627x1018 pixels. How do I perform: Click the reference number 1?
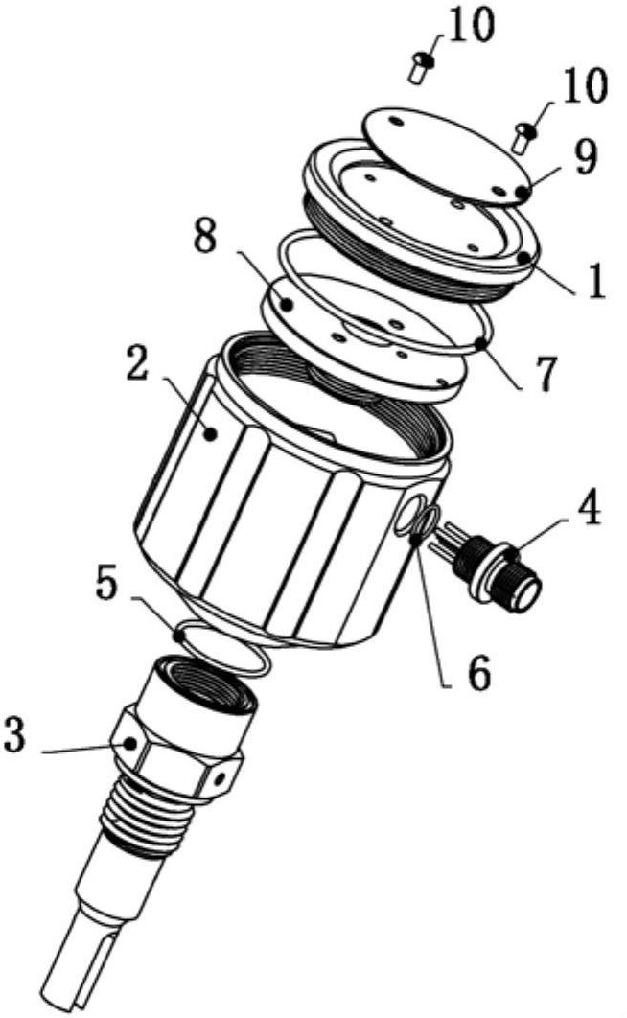click(x=591, y=279)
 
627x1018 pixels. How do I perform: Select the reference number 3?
click(x=14, y=734)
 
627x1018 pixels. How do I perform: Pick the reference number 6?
click(x=478, y=675)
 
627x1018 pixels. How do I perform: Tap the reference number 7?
click(x=544, y=375)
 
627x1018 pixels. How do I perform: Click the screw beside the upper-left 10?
click(x=421, y=67)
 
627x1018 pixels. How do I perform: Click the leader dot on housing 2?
click(x=210, y=434)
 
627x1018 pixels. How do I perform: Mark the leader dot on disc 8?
click(x=287, y=303)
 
